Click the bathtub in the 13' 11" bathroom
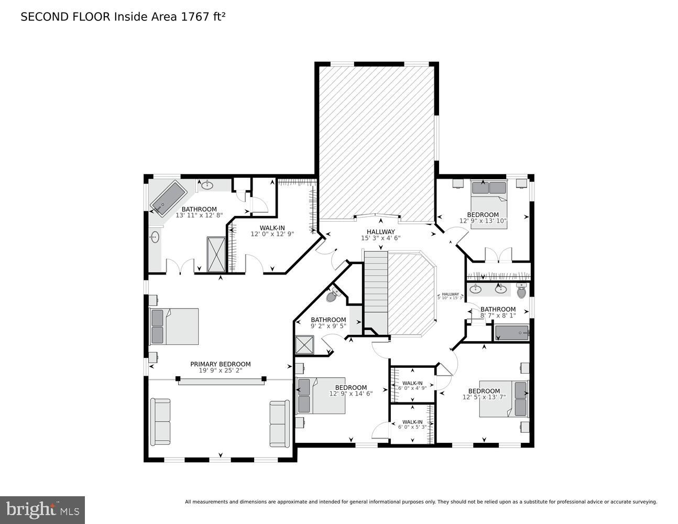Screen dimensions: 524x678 [168, 198]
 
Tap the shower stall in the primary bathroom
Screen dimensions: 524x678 [216, 254]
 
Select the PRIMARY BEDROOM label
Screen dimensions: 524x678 [220, 364]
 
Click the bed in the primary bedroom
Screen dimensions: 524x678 [174, 326]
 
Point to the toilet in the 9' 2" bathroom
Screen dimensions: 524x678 [332, 296]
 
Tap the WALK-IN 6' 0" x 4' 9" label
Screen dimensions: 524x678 [412, 386]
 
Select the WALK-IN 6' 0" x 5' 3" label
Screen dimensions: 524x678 [412, 424]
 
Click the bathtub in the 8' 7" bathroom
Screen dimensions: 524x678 [512, 333]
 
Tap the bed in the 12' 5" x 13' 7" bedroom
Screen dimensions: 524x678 [504, 399]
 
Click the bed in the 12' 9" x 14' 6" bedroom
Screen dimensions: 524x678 [321, 396]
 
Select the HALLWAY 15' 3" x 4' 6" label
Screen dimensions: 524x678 [380, 235]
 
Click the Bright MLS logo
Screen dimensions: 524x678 [43, 509]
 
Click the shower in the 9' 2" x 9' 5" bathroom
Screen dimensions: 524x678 [304, 345]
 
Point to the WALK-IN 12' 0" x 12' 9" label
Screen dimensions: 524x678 [272, 231]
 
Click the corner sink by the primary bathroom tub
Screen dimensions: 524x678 [207, 184]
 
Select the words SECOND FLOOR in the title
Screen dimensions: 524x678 [65, 17]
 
